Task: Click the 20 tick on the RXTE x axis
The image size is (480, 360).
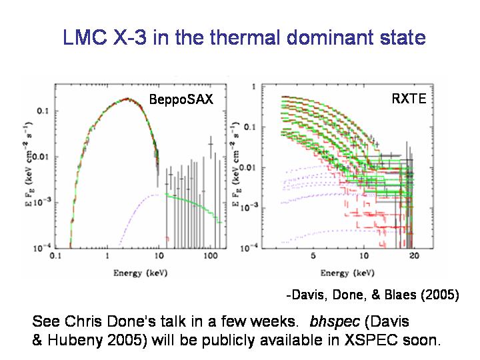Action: (413, 256)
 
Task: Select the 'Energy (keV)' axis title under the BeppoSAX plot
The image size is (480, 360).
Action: (138, 272)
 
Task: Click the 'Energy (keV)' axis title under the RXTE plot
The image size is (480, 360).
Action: (346, 273)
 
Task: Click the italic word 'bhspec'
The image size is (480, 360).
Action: (331, 321)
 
